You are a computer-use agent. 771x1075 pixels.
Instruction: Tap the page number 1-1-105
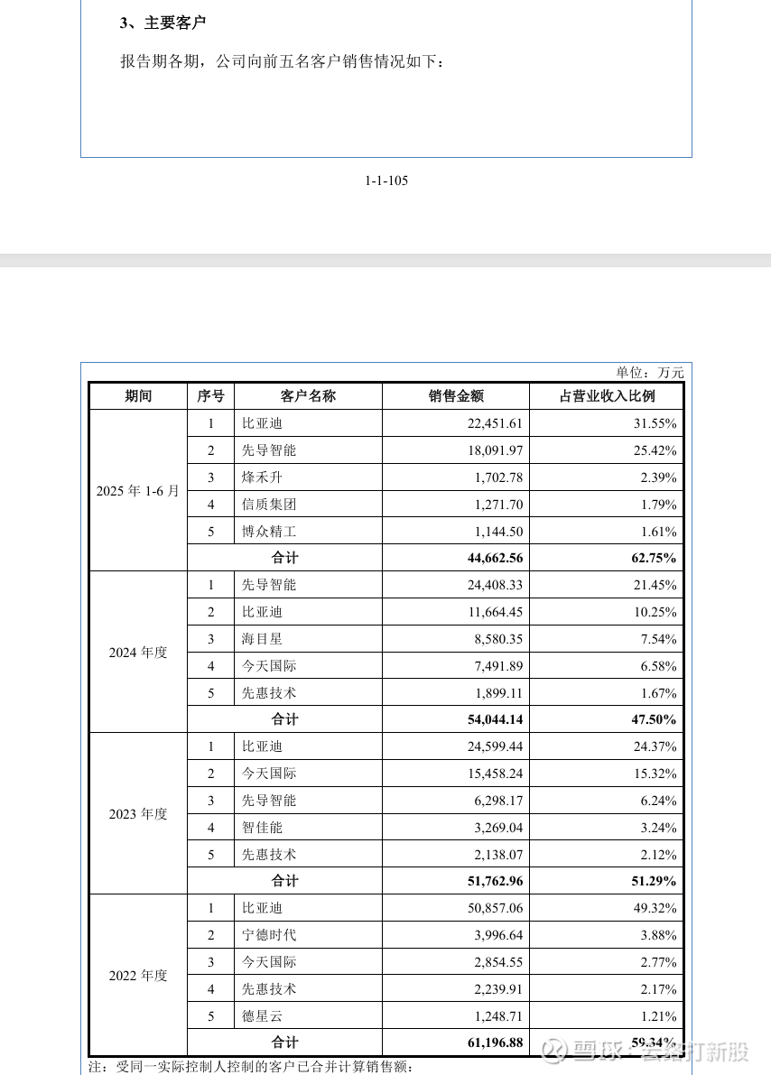point(386,181)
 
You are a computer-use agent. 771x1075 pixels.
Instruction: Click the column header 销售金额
point(456,396)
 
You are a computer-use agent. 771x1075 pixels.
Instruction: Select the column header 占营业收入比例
point(607,396)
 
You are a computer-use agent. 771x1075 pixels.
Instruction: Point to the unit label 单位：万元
point(650,372)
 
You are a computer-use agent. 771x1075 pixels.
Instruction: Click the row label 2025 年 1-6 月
point(138,491)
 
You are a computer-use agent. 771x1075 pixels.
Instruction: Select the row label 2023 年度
point(138,814)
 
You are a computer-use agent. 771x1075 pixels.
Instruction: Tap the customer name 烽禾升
point(262,477)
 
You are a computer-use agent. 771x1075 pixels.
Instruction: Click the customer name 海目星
point(262,639)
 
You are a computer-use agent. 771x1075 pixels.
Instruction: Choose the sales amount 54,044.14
point(495,720)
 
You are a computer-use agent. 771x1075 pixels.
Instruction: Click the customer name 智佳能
point(262,828)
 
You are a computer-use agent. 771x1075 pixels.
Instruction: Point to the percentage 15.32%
point(654,774)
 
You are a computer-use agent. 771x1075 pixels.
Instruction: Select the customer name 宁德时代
point(269,935)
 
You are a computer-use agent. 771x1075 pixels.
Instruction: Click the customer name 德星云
point(262,1016)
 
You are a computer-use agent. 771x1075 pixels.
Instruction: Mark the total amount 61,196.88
point(495,1043)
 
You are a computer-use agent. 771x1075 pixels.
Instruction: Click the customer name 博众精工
point(269,532)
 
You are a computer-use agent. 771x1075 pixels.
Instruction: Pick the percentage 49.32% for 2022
point(654,908)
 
